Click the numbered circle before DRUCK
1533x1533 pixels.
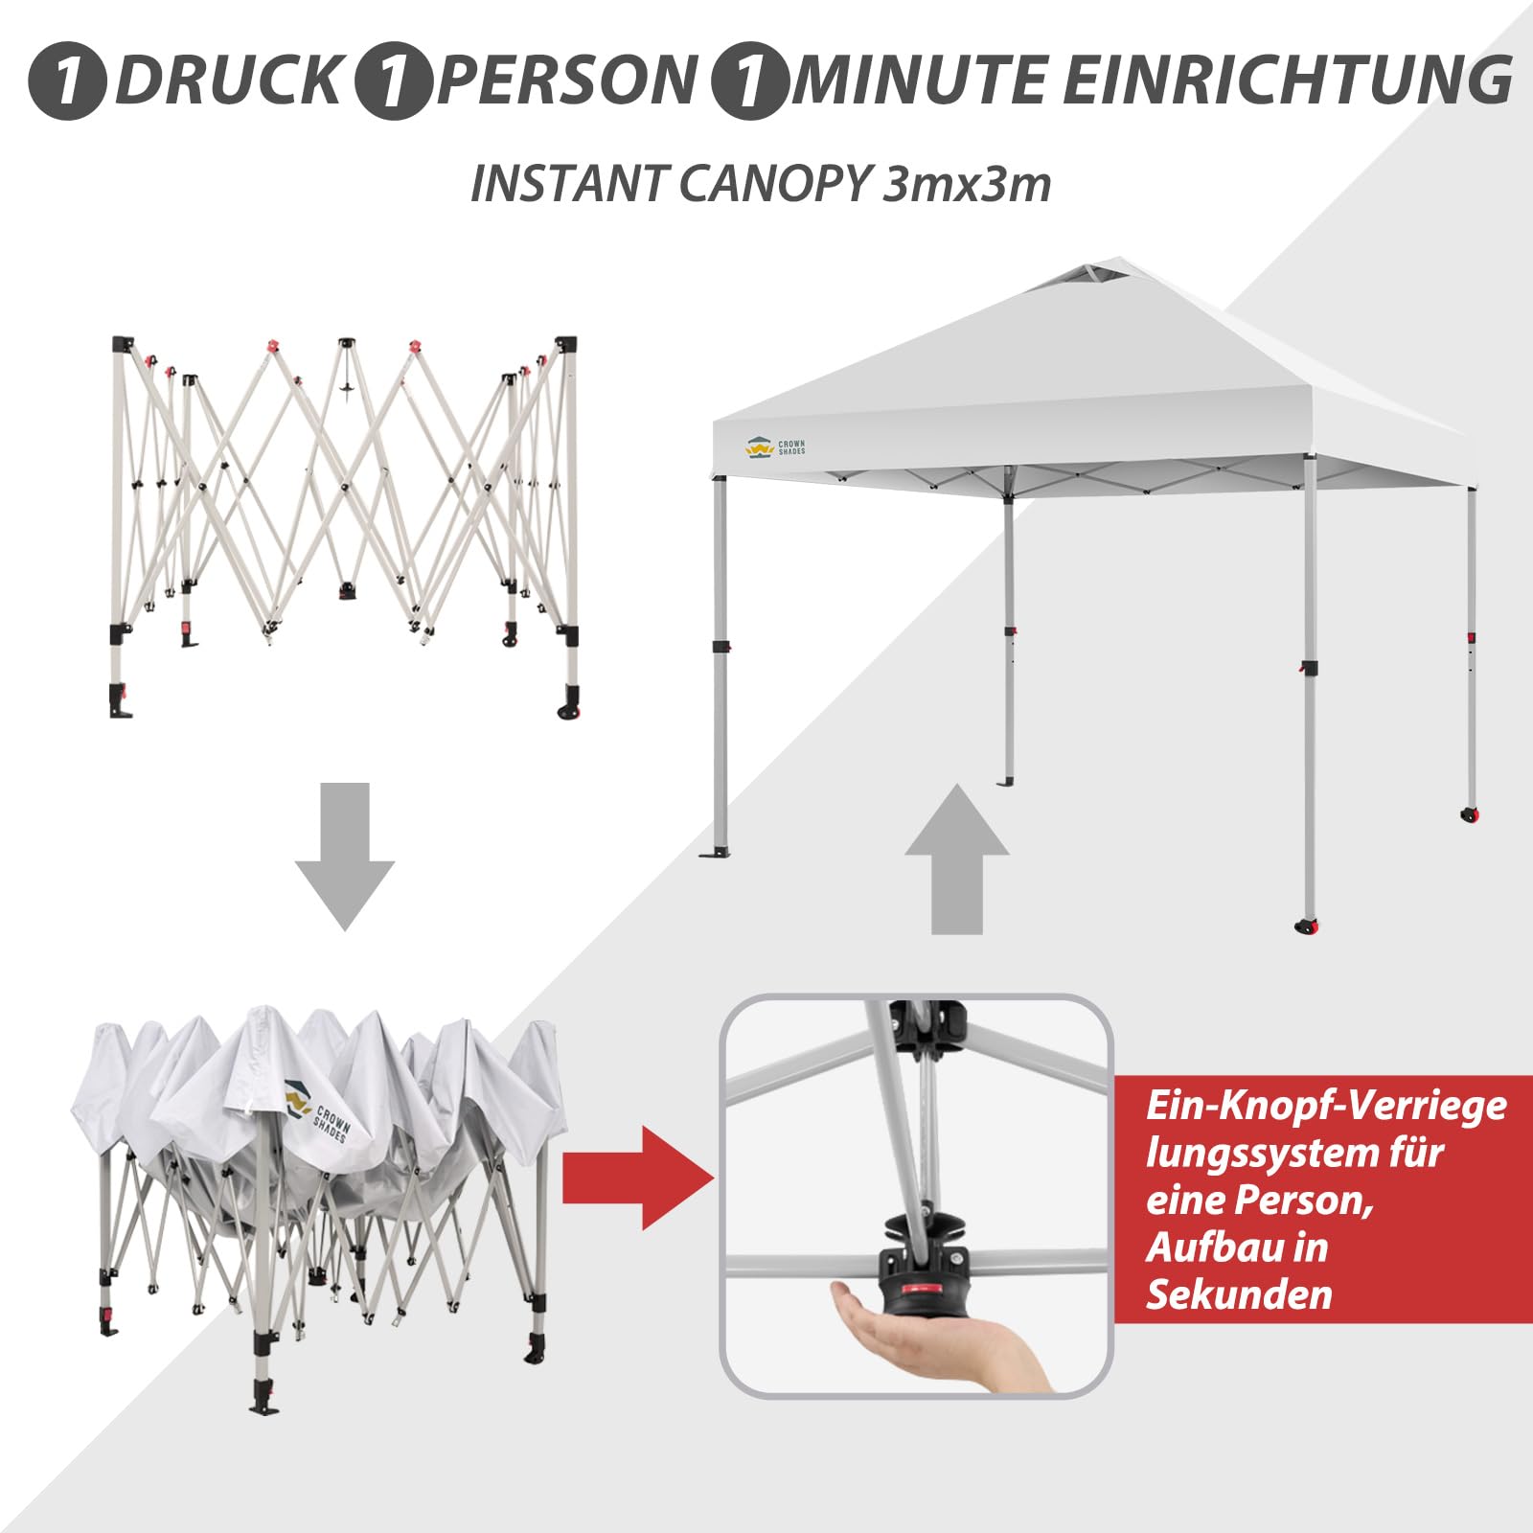pos(66,80)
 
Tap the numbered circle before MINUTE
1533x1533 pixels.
pos(749,80)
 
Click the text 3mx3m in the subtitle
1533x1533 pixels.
pos(966,183)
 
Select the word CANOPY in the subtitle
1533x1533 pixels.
pos(775,183)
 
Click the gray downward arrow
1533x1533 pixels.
pos(345,856)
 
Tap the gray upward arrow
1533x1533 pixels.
pos(956,859)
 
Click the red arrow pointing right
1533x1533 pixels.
pos(638,1178)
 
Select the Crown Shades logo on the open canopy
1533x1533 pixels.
pos(776,447)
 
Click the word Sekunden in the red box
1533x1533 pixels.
pos(1239,1294)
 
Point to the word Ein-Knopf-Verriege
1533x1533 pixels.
pos(1326,1107)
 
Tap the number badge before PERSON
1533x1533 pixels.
pos(392,80)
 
